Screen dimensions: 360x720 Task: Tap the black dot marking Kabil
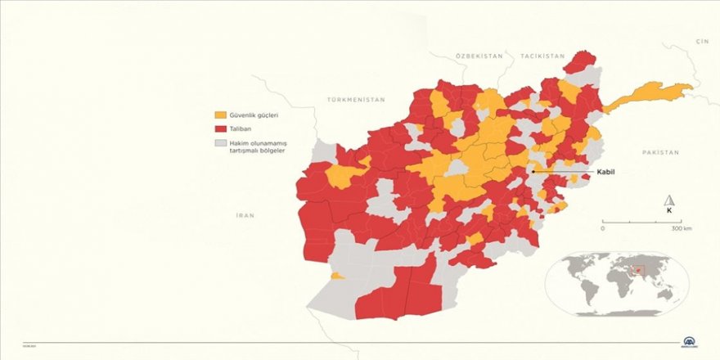[x=533, y=172]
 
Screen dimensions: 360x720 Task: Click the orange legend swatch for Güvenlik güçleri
[x=220, y=115]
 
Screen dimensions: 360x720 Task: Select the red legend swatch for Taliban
[x=220, y=129]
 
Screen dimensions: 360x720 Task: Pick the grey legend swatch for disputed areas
[x=220, y=143]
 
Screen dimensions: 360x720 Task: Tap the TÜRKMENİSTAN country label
[x=355, y=99]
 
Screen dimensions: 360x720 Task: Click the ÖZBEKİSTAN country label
[x=479, y=55]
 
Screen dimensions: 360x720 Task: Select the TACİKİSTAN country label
[x=542, y=55]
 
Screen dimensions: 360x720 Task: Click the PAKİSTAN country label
[x=661, y=153]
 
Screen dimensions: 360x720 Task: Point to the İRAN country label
[x=245, y=215]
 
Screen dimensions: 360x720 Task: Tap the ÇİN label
[x=701, y=40]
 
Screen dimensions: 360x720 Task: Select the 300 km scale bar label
[x=682, y=228]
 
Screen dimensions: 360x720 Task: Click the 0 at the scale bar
[x=603, y=228]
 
